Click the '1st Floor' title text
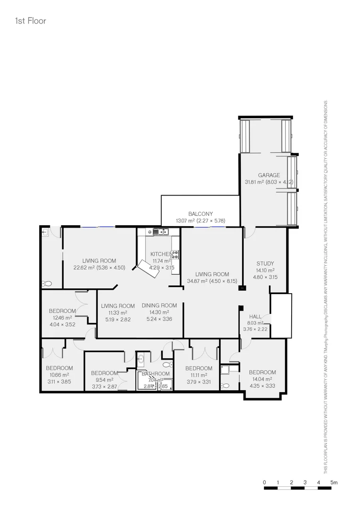pyautogui.click(x=31, y=21)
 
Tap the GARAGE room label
pyautogui.click(x=269, y=175)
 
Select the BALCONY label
pyautogui.click(x=201, y=213)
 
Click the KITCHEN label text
pyautogui.click(x=161, y=254)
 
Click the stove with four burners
pyautogui.click(x=175, y=254)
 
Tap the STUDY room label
pyautogui.click(x=265, y=263)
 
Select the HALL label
pyautogui.click(x=255, y=317)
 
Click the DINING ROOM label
pyautogui.click(x=159, y=305)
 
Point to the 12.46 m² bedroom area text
pyautogui.click(x=62, y=318)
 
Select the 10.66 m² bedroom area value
pyautogui.click(x=59, y=375)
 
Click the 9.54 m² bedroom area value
pyautogui.click(x=104, y=379)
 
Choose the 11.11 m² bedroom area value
pyautogui.click(x=198, y=375)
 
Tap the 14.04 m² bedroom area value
pyautogui.click(x=262, y=379)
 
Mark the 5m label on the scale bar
pyautogui.click(x=334, y=482)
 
